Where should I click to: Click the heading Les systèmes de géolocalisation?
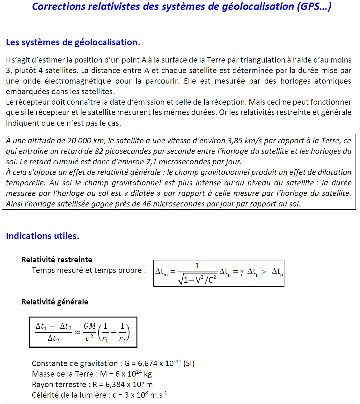(x=73, y=42)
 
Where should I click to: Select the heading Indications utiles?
(x=42, y=236)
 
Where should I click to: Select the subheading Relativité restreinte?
(x=57, y=260)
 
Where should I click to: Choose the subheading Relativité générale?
(x=55, y=302)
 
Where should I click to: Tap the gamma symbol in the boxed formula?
(x=242, y=272)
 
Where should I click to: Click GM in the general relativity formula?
(x=90, y=326)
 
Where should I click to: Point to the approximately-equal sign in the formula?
(x=77, y=332)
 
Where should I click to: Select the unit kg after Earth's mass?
(x=148, y=374)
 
